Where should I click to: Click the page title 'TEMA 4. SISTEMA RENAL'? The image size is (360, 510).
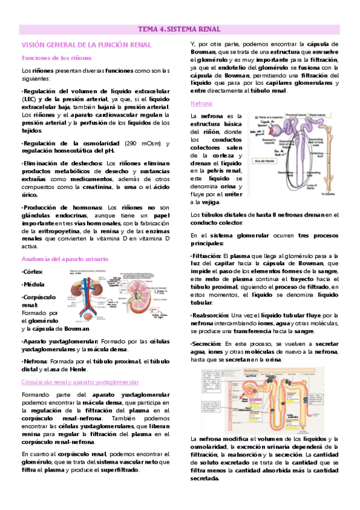(180, 29)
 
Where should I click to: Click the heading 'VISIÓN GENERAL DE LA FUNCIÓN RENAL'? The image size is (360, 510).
(86, 45)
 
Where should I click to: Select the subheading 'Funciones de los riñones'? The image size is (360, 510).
(56, 58)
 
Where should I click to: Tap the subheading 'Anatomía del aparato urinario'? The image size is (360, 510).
(65, 259)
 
